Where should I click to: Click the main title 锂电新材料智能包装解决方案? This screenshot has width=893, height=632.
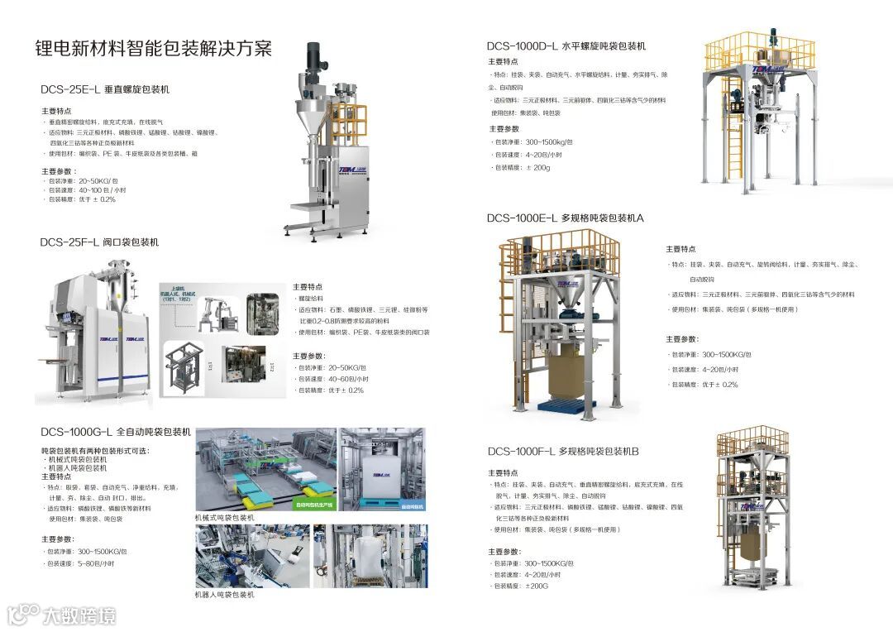[x=154, y=48]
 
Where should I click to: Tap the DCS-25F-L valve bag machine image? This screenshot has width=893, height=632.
[x=95, y=331]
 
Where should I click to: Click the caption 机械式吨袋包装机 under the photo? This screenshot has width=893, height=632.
[x=225, y=517]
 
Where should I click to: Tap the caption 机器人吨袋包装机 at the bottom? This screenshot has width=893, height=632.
[x=225, y=594]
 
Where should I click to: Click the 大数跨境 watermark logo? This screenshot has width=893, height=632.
[x=61, y=615]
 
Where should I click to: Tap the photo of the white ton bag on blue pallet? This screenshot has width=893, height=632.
[x=383, y=470]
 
